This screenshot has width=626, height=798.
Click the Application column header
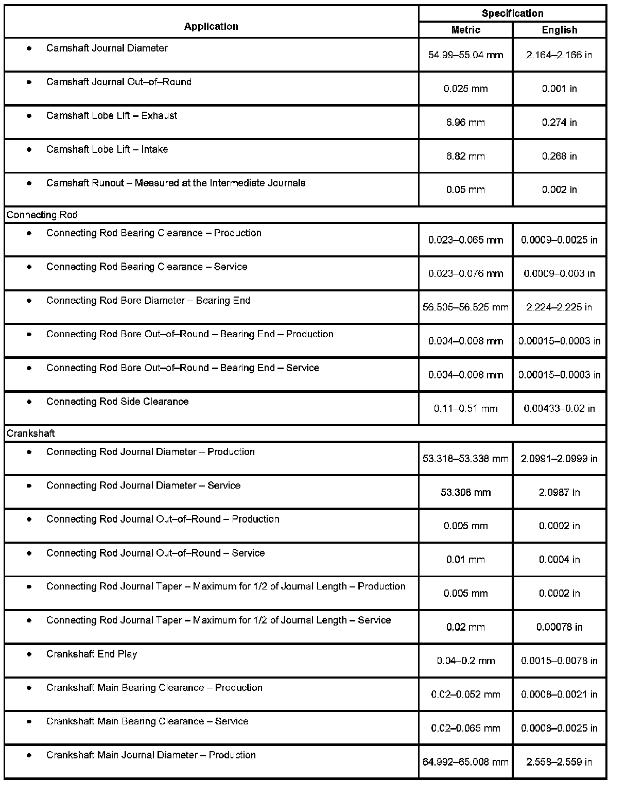click(211, 26)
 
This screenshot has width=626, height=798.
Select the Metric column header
click(465, 30)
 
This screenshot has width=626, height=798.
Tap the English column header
click(559, 30)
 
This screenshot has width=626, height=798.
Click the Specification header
click(512, 13)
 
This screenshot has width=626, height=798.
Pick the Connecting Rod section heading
click(42, 215)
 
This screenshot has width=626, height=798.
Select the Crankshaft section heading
click(31, 433)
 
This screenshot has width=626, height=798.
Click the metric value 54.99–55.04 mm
click(465, 55)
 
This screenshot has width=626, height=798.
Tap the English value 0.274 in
click(559, 123)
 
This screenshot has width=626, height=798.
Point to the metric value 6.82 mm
click(465, 156)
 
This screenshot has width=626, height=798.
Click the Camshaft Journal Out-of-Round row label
click(119, 82)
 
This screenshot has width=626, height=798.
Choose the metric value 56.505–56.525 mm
click(465, 307)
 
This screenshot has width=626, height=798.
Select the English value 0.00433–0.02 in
click(559, 408)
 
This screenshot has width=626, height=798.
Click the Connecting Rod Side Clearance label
click(117, 402)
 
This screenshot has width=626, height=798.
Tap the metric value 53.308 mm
click(465, 492)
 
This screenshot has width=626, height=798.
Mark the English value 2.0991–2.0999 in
click(559, 458)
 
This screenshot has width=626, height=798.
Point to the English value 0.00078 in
click(559, 627)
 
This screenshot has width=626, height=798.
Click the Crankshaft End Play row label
click(92, 654)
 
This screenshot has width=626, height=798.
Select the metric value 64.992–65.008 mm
click(465, 762)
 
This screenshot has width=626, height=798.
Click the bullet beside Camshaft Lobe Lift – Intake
click(29, 149)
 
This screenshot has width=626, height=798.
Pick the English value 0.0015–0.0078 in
click(559, 661)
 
